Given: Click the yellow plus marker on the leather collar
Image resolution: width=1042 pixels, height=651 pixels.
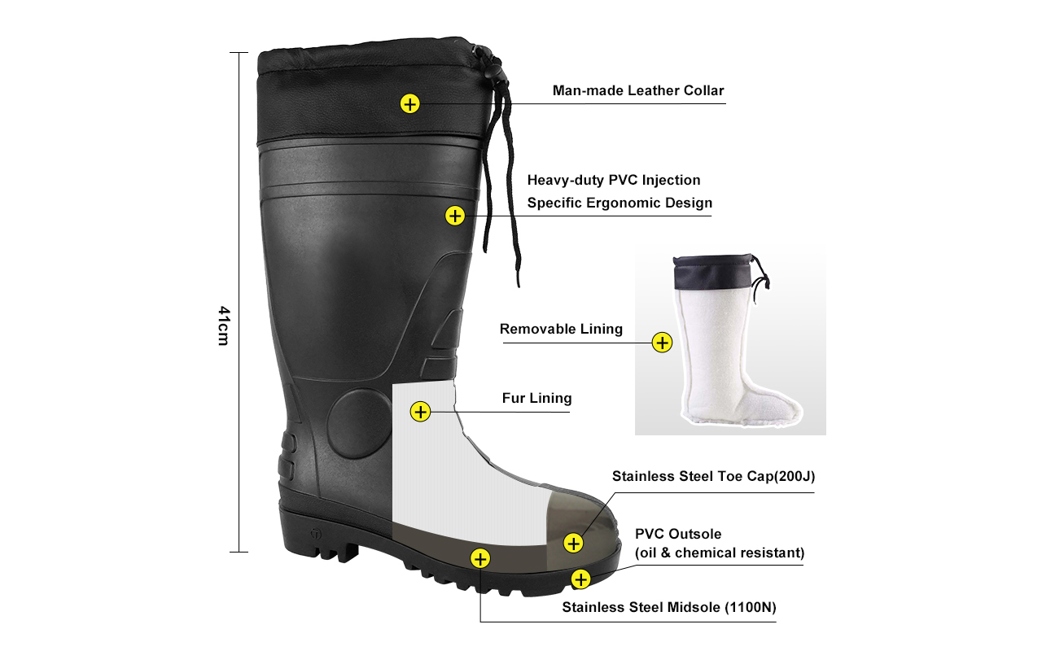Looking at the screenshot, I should tap(409, 103).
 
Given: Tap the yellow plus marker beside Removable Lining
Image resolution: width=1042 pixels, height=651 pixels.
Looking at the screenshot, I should tap(663, 343).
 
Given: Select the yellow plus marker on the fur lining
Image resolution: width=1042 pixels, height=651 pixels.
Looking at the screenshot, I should tap(420, 412).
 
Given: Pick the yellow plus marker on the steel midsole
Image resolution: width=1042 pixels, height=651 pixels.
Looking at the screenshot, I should tap(480, 558).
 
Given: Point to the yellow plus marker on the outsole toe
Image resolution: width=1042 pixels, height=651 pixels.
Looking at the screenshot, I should tap(580, 579).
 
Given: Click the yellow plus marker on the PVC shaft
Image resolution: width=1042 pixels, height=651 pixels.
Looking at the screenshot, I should tap(455, 216).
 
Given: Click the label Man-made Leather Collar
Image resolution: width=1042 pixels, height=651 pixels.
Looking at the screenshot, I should tap(637, 90).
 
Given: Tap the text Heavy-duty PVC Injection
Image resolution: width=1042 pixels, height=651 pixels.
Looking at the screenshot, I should tap(613, 180).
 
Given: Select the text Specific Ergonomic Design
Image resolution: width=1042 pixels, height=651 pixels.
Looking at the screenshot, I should tap(619, 203).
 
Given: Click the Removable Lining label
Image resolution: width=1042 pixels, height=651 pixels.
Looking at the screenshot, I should tap(561, 329).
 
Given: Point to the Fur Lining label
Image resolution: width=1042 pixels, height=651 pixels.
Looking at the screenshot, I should tap(536, 398).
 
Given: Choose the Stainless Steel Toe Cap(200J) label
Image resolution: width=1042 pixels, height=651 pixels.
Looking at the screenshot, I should tap(712, 476).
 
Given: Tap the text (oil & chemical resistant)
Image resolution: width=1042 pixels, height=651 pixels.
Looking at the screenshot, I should tap(719, 553).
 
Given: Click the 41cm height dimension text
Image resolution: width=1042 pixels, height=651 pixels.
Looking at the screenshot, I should tap(223, 325).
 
